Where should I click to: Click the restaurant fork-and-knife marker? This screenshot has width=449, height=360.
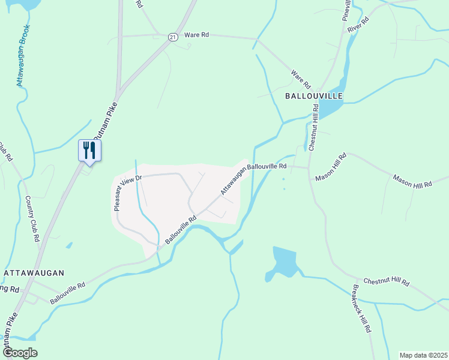pyautogui.click(x=89, y=150)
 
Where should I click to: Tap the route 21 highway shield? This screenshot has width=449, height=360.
pyautogui.click(x=173, y=37)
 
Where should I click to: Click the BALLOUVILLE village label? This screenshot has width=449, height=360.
pyautogui.click(x=313, y=96)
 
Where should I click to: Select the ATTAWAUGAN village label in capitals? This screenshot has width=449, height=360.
pyautogui.click(x=34, y=272)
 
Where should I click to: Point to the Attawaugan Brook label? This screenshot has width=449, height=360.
pyautogui.click(x=21, y=58)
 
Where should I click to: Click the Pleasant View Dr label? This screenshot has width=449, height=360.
pyautogui.click(x=127, y=192)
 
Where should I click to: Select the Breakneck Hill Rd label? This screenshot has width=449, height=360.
pyautogui.click(x=362, y=313)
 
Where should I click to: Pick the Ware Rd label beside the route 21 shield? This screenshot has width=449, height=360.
pyautogui.click(x=196, y=35)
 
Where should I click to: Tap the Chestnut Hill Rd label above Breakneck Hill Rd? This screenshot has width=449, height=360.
pyautogui.click(x=386, y=281)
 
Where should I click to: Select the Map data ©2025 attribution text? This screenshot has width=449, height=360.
pyautogui.click(x=423, y=355)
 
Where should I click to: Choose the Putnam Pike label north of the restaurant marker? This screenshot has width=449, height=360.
pyautogui.click(x=106, y=120)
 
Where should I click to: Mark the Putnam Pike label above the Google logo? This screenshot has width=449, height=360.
pyautogui.click(x=11, y=330)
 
